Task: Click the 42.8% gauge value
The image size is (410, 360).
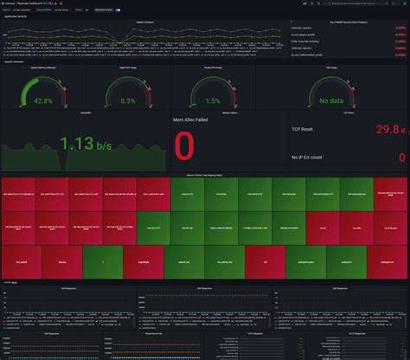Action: pyautogui.click(x=43, y=100)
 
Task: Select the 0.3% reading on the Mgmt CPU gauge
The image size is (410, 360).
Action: pyautogui.click(x=128, y=100)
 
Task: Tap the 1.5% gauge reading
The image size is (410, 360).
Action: pyautogui.click(x=213, y=100)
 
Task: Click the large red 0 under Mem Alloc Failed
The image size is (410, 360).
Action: pyautogui.click(x=184, y=146)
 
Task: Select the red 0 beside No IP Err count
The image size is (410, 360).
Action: pyautogui.click(x=401, y=157)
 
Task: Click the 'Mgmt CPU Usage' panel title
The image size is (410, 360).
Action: pyautogui.click(x=128, y=67)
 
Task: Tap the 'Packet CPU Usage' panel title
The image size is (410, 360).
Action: pyautogui.click(x=213, y=67)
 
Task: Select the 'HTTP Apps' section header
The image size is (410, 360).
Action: pyautogui.click(x=12, y=282)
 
